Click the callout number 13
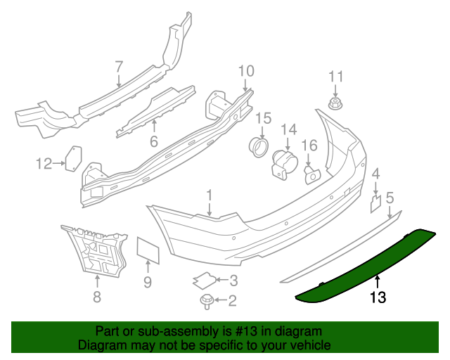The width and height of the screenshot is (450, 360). click(378, 297)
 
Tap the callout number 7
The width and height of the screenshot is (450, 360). click(119, 66)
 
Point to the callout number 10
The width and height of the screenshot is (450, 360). click(245, 70)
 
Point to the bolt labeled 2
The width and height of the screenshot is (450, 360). click(207, 301)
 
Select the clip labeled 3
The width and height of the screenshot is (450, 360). click(204, 281)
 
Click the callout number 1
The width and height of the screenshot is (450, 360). click(209, 195)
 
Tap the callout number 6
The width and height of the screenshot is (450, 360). click(154, 141)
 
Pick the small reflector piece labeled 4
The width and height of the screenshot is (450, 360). click(375, 203)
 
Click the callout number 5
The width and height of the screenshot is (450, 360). click(390, 198)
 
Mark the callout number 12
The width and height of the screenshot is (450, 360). click(44, 164)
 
